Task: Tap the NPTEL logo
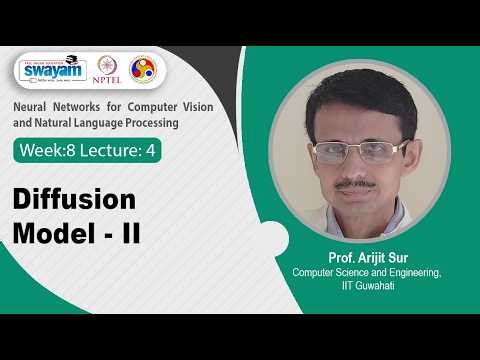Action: click(x=107, y=70)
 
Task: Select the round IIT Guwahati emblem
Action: click(x=143, y=69)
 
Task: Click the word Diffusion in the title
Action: click(x=74, y=197)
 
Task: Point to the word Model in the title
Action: click(x=50, y=233)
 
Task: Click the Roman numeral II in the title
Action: click(x=129, y=233)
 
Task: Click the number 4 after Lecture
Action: click(x=153, y=151)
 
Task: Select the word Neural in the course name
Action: click(x=31, y=107)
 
